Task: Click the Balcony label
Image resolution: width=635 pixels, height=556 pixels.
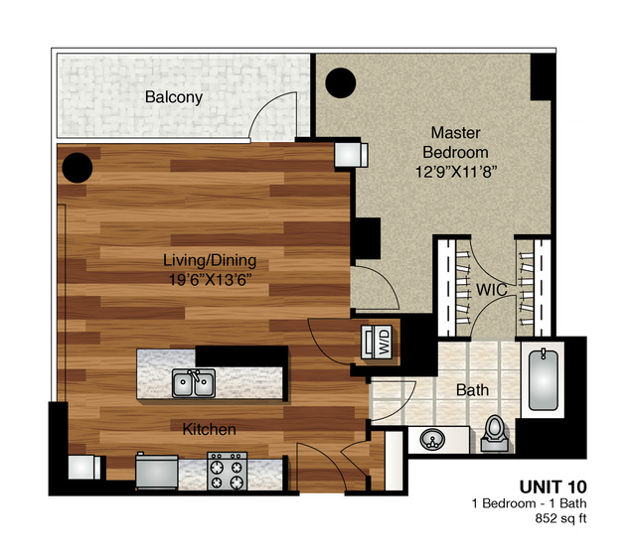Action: pos(174,97)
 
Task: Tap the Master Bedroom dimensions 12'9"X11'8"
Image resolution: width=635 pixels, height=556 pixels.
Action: pos(456,172)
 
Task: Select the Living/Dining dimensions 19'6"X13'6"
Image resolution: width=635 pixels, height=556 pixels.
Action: pos(210,280)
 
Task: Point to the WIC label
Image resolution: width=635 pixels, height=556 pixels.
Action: pos(492,290)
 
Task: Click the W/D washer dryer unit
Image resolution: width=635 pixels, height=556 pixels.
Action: pos(377,342)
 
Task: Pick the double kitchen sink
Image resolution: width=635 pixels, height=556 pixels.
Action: pos(194,383)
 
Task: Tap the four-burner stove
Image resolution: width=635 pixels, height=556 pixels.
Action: pos(228,471)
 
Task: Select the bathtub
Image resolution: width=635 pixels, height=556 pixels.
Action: pos(543,379)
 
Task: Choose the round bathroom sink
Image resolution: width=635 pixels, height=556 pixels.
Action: pos(432,440)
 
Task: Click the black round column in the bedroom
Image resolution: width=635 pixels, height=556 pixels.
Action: pos(341,83)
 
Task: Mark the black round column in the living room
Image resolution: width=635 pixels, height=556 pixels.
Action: pos(78,168)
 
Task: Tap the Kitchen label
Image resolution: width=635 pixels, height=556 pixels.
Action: pos(209,429)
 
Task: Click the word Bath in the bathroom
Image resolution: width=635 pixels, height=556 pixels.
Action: pos(472,390)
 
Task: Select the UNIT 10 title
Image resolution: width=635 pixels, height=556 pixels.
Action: pos(553,487)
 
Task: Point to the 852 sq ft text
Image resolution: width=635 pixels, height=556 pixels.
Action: pos(560,518)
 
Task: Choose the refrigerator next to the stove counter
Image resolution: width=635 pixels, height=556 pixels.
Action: pos(157,472)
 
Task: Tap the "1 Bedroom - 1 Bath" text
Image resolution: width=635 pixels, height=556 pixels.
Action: pos(529,503)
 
